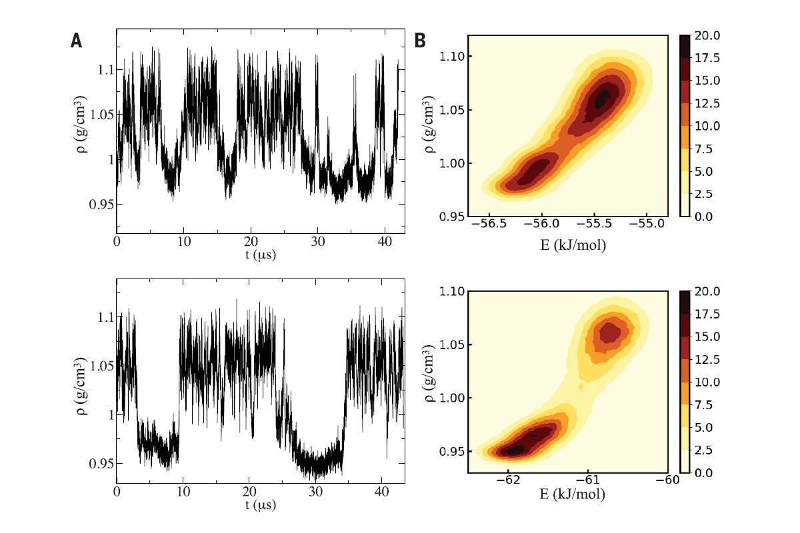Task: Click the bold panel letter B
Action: coord(420,41)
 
